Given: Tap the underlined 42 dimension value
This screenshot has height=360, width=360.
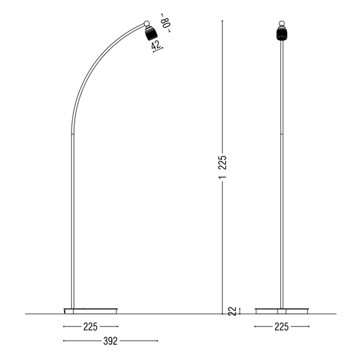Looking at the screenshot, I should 156,46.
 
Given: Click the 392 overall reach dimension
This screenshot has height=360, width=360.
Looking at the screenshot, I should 92,340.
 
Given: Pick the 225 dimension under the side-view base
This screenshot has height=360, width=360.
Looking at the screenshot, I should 91,326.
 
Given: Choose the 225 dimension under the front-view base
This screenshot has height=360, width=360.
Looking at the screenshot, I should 281,326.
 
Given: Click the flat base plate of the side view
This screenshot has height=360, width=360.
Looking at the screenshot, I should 91,310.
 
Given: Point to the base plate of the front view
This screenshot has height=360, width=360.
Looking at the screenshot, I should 281,310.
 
